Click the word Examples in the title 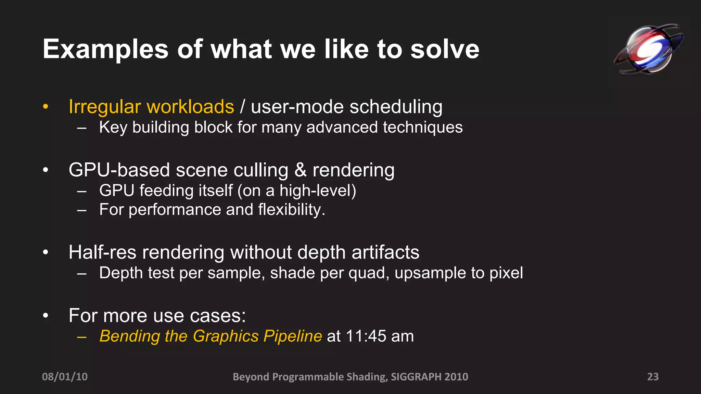[x=105, y=50]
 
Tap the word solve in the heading [x=445, y=50]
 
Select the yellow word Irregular [x=104, y=107]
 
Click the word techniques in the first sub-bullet [x=423, y=128]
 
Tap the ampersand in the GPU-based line [x=300, y=170]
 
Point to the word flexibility [x=291, y=210]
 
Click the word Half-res [x=102, y=252]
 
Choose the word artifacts [x=385, y=252]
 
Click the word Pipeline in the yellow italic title [x=293, y=336]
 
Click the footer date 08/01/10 [x=65, y=377]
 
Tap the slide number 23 [x=653, y=377]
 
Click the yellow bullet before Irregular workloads [x=46, y=107]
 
